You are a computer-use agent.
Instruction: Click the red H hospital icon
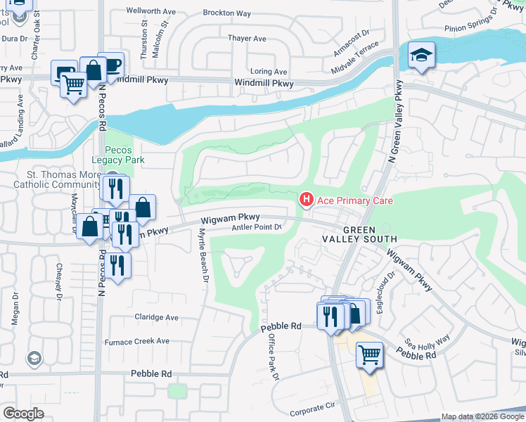(x=307, y=200)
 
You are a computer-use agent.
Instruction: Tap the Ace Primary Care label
(x=354, y=200)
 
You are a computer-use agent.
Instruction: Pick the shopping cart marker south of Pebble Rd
(x=369, y=354)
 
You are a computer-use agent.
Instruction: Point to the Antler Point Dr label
(x=257, y=227)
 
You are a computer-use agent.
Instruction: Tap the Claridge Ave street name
(x=157, y=316)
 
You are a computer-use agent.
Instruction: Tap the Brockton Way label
(x=226, y=13)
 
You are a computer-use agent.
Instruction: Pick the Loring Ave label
(x=269, y=72)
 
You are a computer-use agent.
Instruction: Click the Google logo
(x=23, y=414)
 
